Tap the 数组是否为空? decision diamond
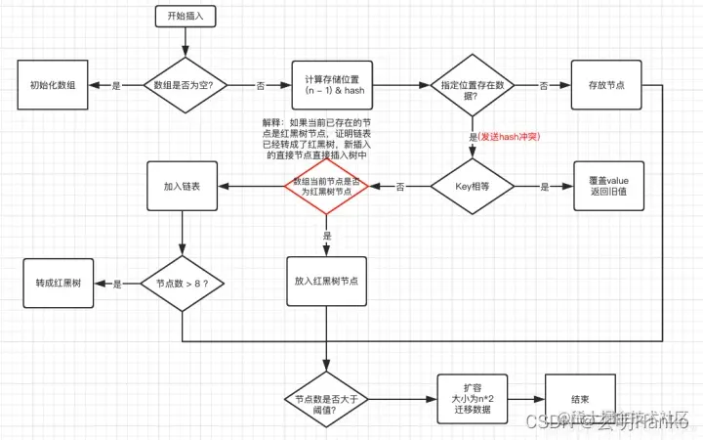[x=186, y=85]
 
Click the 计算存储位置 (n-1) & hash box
[x=331, y=85]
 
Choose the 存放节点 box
[x=604, y=85]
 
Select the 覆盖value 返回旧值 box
[x=604, y=185]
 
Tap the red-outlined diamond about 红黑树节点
[x=326, y=185]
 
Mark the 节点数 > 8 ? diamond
[x=183, y=284]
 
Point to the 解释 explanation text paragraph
[x=311, y=138]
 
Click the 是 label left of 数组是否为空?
[x=117, y=86]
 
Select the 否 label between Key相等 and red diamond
[x=400, y=186]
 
